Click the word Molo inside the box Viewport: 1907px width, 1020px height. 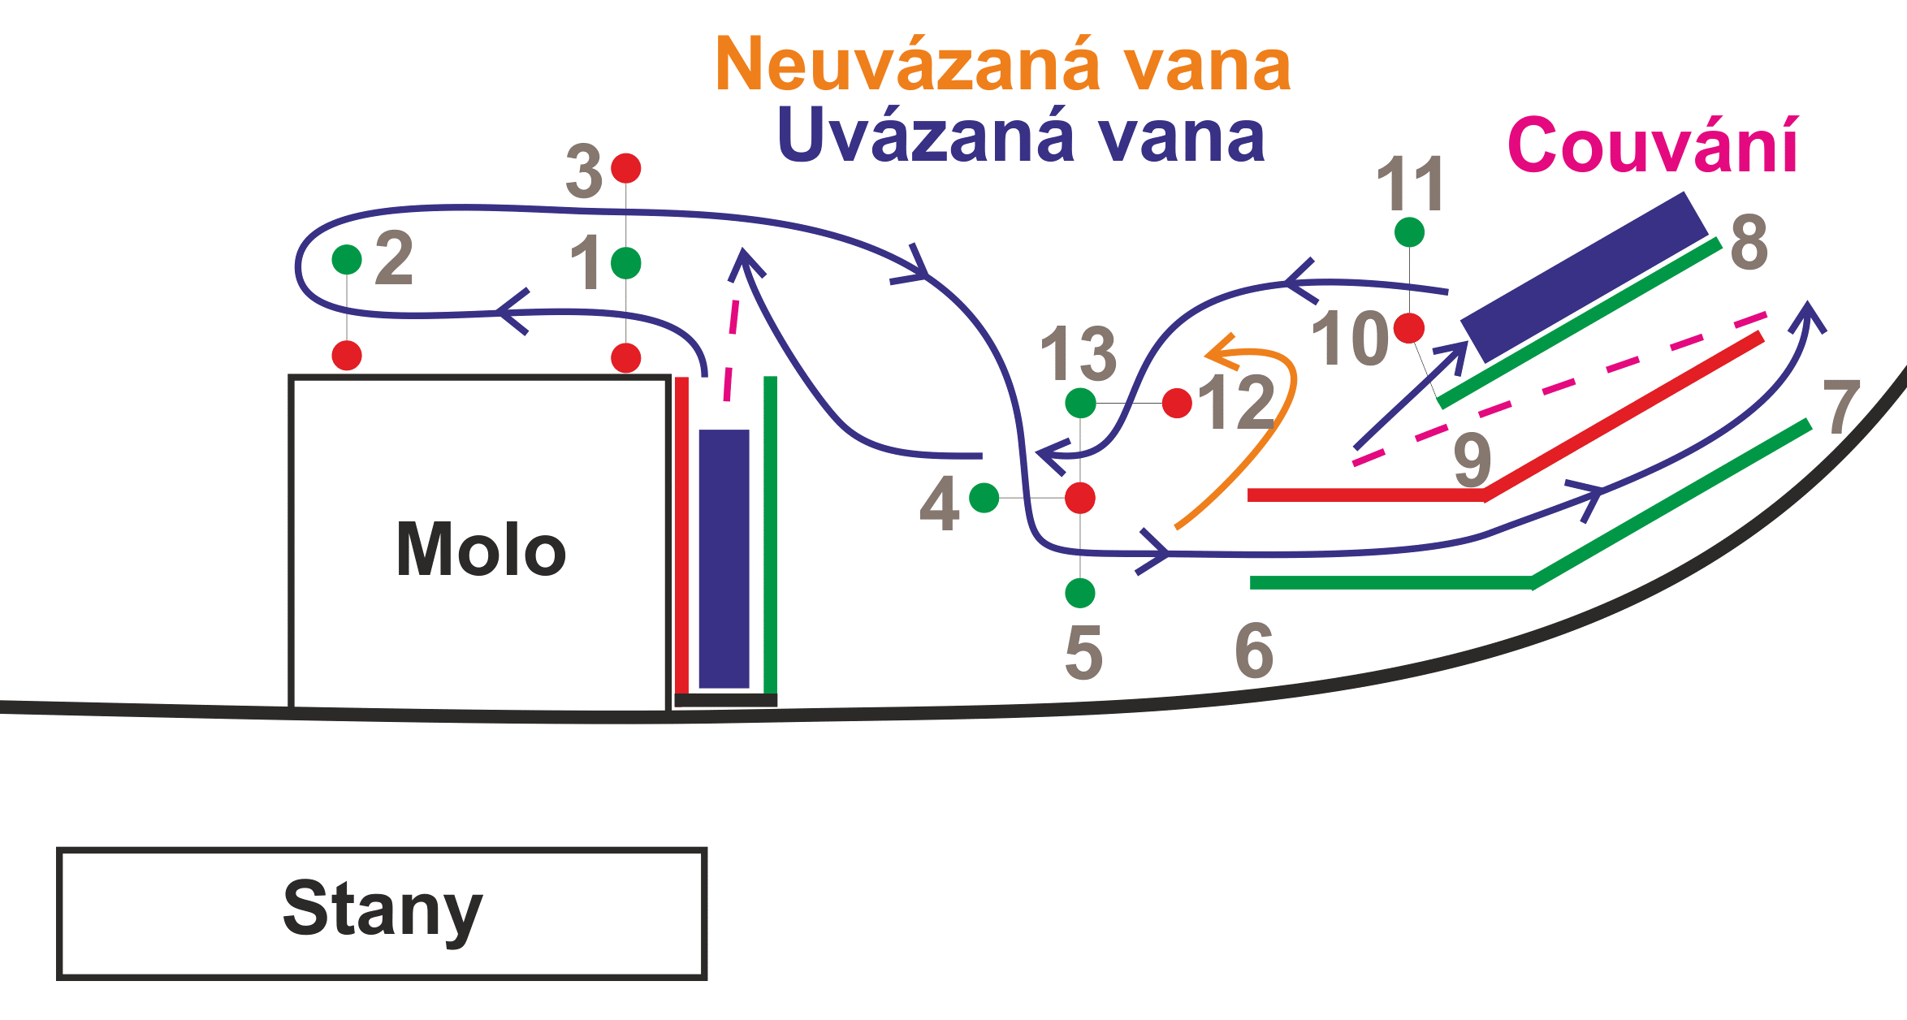pos(481,550)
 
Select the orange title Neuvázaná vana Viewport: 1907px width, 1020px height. pos(1002,65)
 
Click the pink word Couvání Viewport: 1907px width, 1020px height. pos(1652,146)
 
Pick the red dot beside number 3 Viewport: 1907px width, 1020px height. pos(626,168)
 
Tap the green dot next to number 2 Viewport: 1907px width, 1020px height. pos(347,260)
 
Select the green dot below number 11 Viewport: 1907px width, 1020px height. pos(1409,232)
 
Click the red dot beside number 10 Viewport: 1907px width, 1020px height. pos(1409,328)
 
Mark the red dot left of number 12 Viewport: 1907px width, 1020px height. pos(1177,403)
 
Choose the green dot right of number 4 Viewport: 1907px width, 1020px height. pos(984,498)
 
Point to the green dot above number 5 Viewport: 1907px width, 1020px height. pos(1080,593)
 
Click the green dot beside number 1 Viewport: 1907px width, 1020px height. pos(626,263)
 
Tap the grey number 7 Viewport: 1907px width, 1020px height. pos(1841,407)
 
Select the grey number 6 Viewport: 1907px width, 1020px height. pos(1254,650)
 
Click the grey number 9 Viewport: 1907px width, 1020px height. pos(1472,460)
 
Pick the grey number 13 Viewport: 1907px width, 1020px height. pos(1079,354)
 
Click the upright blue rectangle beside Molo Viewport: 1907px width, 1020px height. pos(724,559)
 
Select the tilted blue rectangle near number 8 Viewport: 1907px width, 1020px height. pos(1584,276)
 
